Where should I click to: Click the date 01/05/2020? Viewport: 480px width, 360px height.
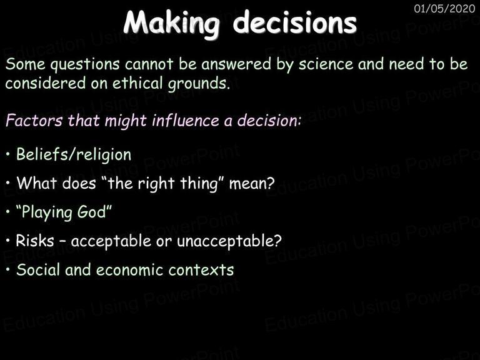pos(444,9)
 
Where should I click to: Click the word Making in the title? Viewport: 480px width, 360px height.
pos(172,24)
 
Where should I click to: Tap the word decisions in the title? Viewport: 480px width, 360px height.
pos(295,22)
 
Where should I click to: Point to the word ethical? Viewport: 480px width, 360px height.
pos(137,83)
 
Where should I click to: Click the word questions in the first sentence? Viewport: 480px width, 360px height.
pos(85,65)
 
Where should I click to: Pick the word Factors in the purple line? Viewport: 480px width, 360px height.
pos(34,120)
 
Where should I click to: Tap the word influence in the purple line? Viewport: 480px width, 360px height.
pos(186,120)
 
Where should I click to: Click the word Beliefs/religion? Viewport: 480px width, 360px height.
pos(74,154)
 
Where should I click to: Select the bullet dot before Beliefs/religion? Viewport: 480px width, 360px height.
pos(8,154)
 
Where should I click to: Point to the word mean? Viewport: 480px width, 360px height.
pos(252,184)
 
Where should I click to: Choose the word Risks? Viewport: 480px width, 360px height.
pos(35,241)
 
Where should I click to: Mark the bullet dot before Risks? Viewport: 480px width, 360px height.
pos(8,241)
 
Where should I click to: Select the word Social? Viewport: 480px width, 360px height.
pos(38,270)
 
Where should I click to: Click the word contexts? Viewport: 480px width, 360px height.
pos(201,270)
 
